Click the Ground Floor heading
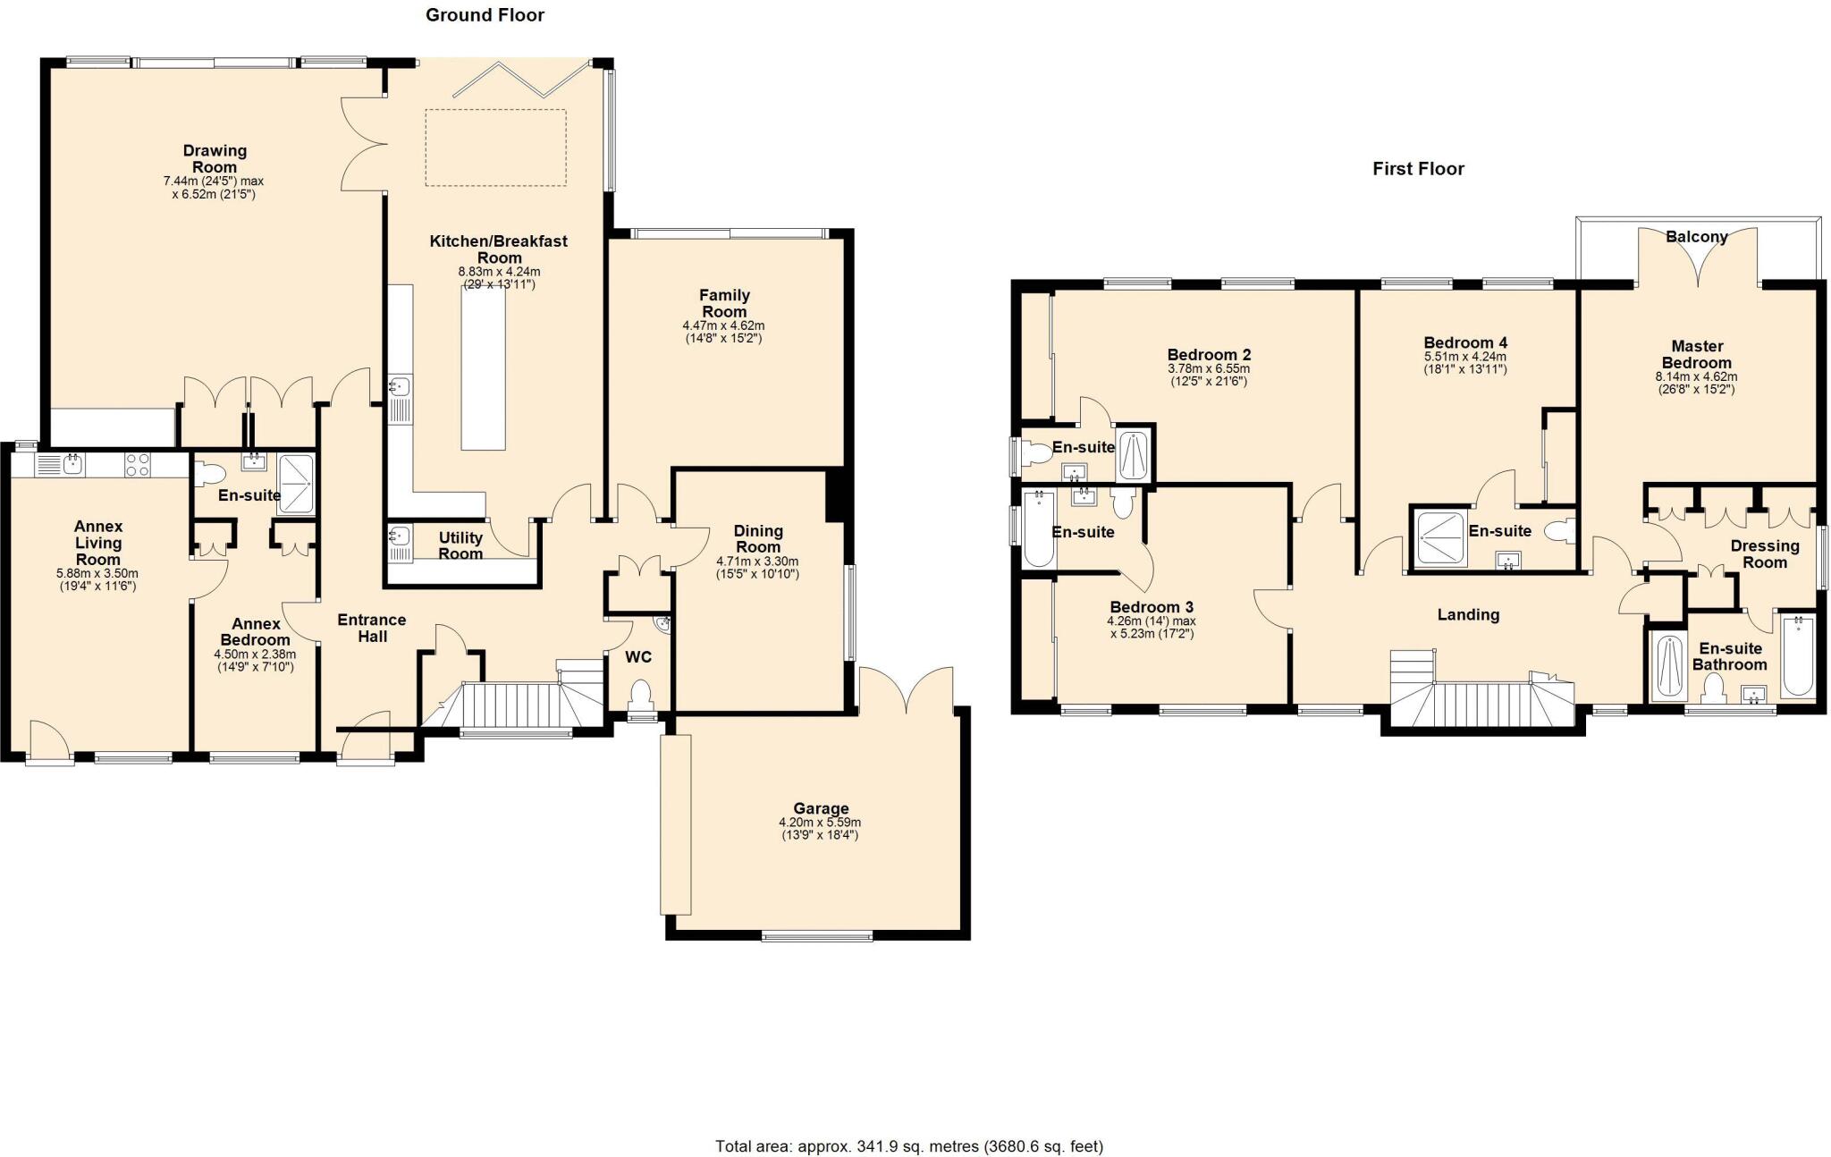click(485, 15)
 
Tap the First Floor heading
click(1418, 169)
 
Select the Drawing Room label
click(215, 159)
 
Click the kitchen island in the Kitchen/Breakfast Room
click(483, 367)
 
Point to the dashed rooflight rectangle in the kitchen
click(495, 148)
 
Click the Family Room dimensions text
click(723, 332)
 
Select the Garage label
click(820, 808)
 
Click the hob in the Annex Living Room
click(138, 464)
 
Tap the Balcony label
click(1696, 237)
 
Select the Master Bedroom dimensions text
click(1696, 383)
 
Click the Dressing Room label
click(1764, 554)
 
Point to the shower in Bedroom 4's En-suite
click(1439, 537)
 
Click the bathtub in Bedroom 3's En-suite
click(1039, 528)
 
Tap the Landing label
click(1468, 614)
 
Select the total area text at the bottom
click(909, 1146)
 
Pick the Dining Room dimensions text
click(757, 568)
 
